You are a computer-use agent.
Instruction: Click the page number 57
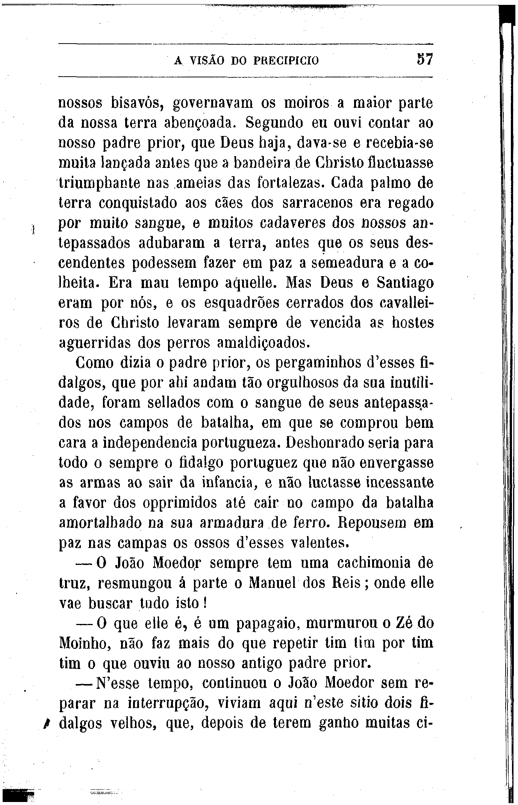click(x=425, y=60)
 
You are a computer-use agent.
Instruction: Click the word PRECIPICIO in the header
click(x=286, y=60)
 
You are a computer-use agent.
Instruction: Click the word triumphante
click(x=98, y=184)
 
